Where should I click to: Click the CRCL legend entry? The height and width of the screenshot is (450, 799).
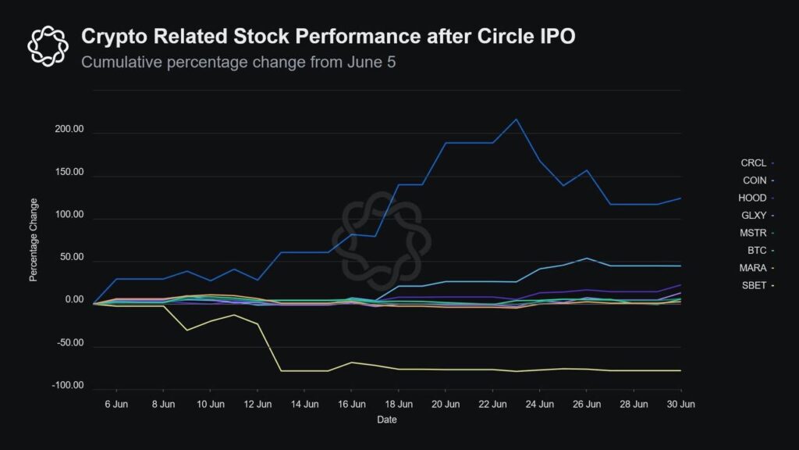tap(755, 162)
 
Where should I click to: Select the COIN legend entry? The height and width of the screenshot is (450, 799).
tap(755, 180)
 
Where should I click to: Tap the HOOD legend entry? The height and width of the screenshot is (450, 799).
tap(754, 198)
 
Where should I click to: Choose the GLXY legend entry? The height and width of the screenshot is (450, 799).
tap(755, 215)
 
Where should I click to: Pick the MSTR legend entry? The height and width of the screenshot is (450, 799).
tap(754, 233)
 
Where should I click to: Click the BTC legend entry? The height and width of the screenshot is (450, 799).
tap(757, 250)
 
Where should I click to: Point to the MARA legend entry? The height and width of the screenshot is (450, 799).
tap(754, 268)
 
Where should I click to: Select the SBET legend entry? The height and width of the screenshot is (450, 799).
tap(755, 285)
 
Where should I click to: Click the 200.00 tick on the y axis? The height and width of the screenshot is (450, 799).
tap(66, 134)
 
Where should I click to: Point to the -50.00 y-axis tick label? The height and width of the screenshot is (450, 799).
tap(68, 343)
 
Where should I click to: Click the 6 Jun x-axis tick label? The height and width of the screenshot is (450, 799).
tap(116, 405)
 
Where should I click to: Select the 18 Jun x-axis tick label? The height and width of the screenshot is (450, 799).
tap(399, 405)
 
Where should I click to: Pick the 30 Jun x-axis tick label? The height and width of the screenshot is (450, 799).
tap(681, 405)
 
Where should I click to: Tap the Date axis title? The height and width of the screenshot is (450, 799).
tap(387, 420)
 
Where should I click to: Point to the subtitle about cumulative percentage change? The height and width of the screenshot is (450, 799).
tap(238, 62)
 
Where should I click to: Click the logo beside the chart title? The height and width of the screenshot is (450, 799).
tap(48, 45)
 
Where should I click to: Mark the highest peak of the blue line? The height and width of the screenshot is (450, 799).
tap(516, 120)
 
